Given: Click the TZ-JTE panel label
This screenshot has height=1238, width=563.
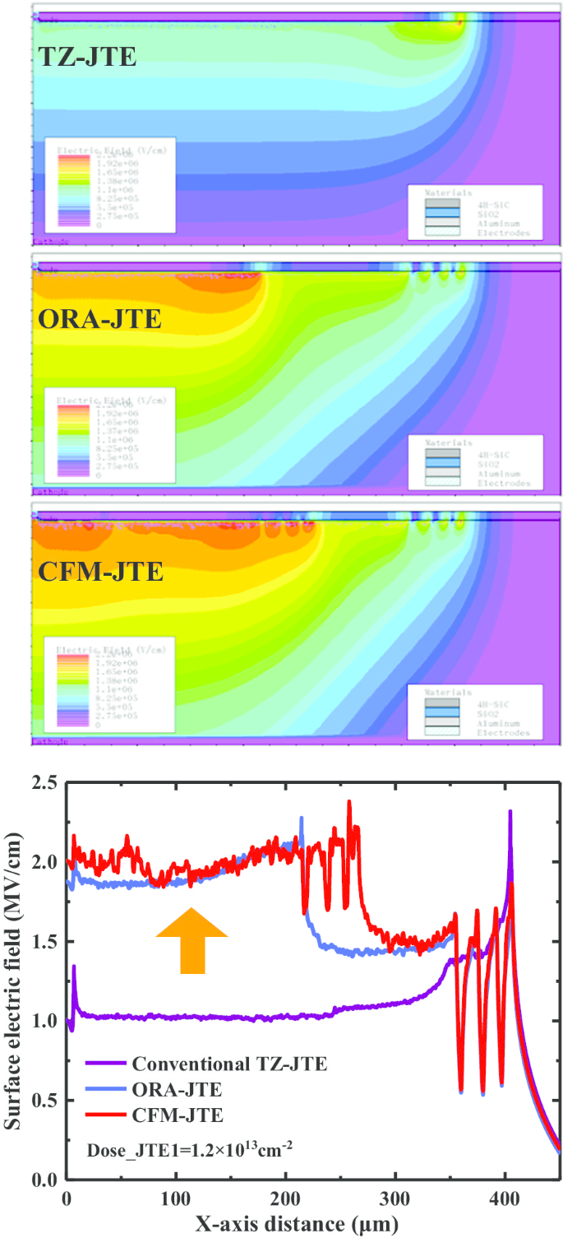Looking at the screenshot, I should (x=87, y=57).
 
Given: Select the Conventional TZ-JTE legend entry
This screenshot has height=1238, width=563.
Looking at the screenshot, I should (x=229, y=1064).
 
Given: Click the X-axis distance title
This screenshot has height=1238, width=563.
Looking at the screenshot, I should (x=296, y=1225).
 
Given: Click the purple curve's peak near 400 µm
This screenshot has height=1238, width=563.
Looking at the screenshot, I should (x=510, y=813).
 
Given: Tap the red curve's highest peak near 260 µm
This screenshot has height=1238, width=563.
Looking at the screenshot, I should (x=349, y=802).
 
